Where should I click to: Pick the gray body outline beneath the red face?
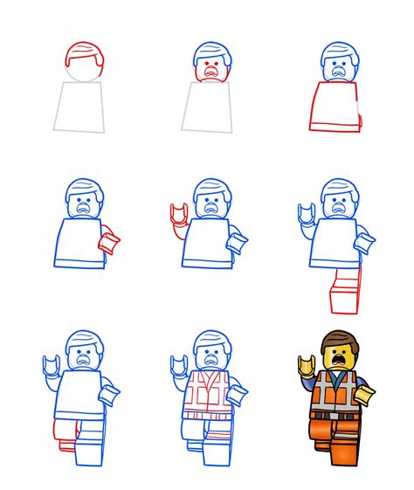click(209, 109)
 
